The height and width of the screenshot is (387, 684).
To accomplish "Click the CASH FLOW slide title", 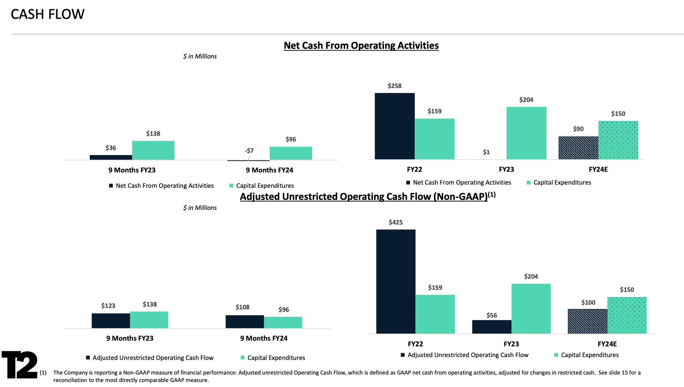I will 47,14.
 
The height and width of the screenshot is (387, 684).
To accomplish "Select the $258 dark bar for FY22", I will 394,126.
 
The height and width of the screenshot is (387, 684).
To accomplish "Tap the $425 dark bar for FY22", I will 395,282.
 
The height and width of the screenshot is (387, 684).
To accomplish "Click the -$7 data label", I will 249,151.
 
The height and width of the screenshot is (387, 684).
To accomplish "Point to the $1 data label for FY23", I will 486,152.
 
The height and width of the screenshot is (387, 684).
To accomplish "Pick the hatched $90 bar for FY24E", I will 578,148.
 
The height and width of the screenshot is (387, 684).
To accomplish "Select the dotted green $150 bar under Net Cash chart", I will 618,140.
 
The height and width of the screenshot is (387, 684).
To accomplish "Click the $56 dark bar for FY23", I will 491,327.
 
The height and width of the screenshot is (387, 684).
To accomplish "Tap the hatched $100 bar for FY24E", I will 587,321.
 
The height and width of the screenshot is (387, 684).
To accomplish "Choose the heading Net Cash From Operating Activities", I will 361,46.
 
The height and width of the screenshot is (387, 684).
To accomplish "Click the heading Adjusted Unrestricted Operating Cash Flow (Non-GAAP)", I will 363,197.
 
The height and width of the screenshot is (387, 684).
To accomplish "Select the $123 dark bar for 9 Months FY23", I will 110,321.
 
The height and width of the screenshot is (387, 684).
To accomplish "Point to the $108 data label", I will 242,307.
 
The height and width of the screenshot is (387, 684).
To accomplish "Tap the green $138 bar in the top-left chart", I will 153,150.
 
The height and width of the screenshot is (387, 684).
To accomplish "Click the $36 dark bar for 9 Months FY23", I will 110,157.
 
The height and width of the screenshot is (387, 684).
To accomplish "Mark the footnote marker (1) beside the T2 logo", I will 43,373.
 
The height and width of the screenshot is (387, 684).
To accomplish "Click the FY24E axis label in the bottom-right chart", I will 607,344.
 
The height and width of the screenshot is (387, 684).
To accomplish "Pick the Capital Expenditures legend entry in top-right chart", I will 562,182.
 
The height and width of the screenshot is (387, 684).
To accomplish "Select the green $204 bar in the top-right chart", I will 526,133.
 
